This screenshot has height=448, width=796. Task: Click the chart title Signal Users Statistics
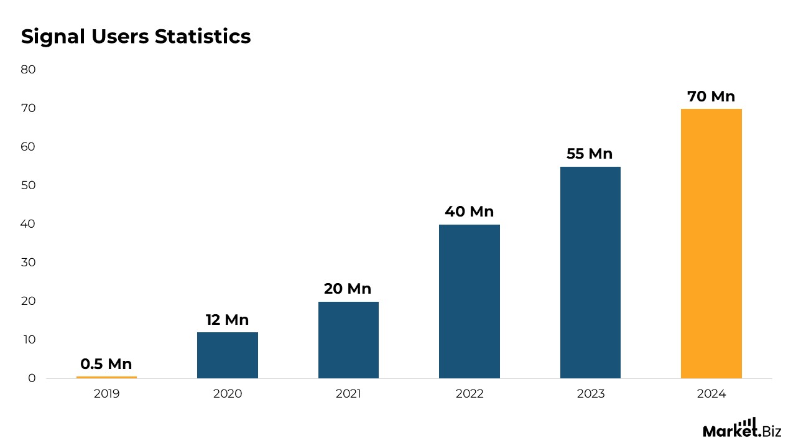point(136,37)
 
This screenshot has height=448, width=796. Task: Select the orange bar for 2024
point(711,243)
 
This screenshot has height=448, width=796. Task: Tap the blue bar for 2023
point(590,272)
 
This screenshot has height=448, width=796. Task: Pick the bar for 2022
point(469,301)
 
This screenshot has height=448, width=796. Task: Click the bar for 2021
point(348,340)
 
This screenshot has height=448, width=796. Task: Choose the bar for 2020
point(227,355)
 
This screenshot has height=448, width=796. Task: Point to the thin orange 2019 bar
point(106,377)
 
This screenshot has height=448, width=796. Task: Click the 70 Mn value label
point(711,96)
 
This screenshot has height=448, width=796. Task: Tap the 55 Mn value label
point(590,154)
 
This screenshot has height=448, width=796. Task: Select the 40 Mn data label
point(469,212)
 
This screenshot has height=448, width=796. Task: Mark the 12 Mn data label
point(227,320)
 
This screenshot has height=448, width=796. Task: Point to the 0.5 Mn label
point(106,364)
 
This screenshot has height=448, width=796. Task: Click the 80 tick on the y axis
point(28,70)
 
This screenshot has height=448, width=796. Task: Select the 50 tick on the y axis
point(28,185)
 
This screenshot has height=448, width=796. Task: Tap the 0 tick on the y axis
point(32,378)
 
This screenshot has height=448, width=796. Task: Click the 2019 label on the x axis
point(106,394)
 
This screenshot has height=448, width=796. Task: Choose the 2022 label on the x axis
point(469,394)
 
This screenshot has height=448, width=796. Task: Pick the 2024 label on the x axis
point(711,394)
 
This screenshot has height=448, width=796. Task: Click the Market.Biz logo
point(741,428)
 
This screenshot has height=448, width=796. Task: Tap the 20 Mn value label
point(348,289)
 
